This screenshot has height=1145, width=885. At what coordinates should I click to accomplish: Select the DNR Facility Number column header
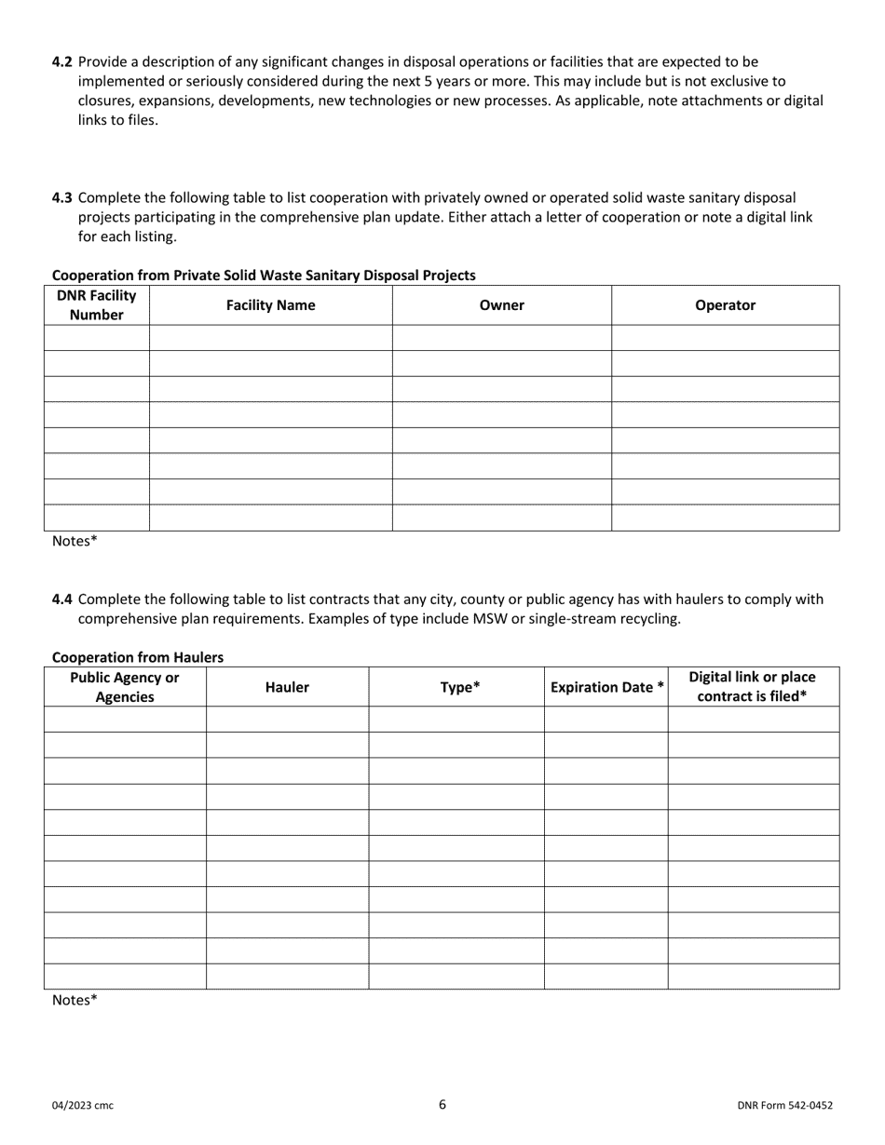(x=97, y=305)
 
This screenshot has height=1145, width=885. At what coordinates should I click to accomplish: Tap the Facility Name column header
(x=270, y=305)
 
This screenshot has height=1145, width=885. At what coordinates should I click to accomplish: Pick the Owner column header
(x=501, y=305)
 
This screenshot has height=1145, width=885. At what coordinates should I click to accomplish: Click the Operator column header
(x=725, y=305)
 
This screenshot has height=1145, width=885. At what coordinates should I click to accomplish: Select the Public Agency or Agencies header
(x=125, y=687)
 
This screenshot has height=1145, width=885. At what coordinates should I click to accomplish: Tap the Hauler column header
(x=287, y=687)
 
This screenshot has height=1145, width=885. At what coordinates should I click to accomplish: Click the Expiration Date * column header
(x=606, y=687)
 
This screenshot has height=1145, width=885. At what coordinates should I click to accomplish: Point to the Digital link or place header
(x=752, y=687)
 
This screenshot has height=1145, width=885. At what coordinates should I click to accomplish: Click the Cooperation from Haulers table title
(x=138, y=657)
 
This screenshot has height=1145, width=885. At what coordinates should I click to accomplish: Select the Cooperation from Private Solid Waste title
(x=264, y=276)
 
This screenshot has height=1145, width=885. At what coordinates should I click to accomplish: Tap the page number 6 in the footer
(x=442, y=1105)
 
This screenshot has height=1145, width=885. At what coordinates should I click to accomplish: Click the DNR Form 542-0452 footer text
(x=784, y=1106)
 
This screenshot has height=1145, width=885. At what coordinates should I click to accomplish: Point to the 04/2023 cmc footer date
(x=83, y=1106)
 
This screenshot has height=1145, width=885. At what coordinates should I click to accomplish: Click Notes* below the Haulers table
(x=75, y=1000)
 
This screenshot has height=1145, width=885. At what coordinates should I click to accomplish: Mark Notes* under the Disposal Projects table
(x=75, y=541)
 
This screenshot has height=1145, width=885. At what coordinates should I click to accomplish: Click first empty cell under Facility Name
(x=270, y=338)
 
